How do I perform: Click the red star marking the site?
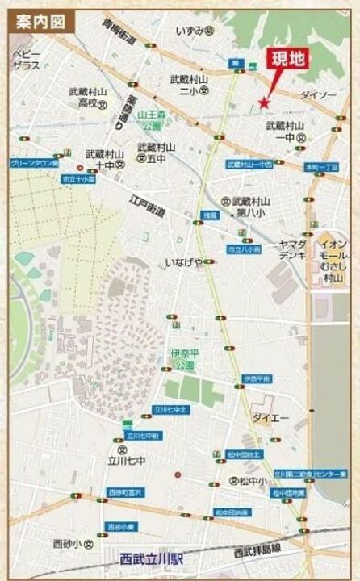point(263,102)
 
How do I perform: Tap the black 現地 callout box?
point(287,58)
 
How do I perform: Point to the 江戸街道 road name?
point(148,204)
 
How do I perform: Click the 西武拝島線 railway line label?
point(257,551)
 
